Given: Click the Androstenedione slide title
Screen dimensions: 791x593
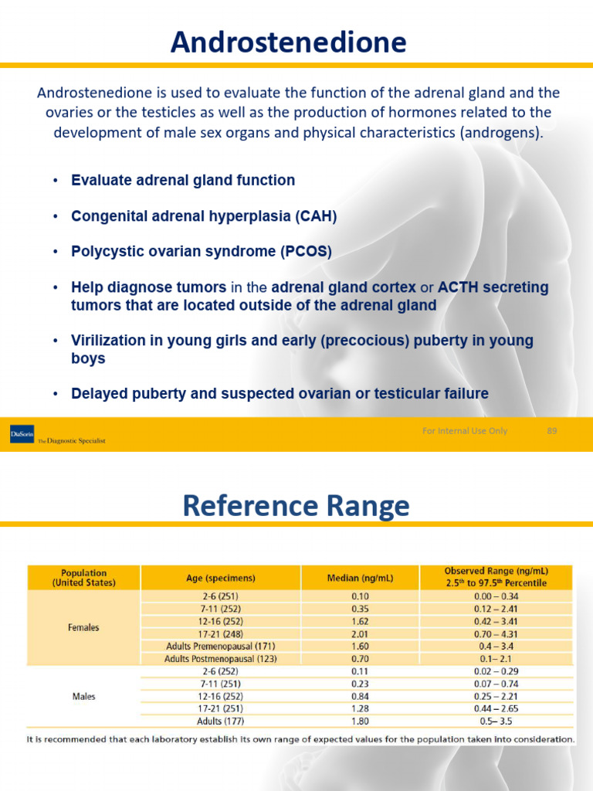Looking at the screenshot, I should [x=288, y=42].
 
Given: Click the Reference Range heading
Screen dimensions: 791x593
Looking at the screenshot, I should [x=296, y=507].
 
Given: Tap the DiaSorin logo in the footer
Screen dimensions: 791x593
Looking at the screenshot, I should [x=22, y=434].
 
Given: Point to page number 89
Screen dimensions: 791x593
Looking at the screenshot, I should [x=551, y=431].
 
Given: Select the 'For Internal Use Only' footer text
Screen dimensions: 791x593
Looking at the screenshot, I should [x=464, y=431].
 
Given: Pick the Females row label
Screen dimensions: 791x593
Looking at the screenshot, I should [x=83, y=627].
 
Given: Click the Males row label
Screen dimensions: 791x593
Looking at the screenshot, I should [x=83, y=696].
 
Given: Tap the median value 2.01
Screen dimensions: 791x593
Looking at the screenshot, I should [x=360, y=633].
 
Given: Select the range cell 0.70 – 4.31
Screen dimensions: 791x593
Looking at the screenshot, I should [x=496, y=633].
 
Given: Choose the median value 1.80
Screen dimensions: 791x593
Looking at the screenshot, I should [x=360, y=721].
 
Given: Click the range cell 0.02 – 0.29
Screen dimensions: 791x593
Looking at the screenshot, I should [x=496, y=672].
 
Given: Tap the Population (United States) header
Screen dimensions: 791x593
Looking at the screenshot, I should [x=83, y=578].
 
